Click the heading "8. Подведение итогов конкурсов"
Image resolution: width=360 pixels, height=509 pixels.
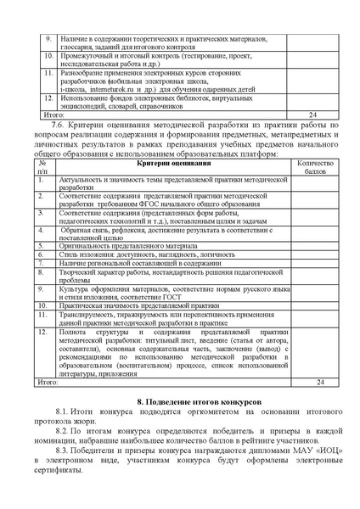pos(200,398)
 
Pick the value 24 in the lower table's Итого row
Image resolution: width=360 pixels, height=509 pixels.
pos(319,382)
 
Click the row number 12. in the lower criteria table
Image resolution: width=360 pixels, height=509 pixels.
pos(42,332)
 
